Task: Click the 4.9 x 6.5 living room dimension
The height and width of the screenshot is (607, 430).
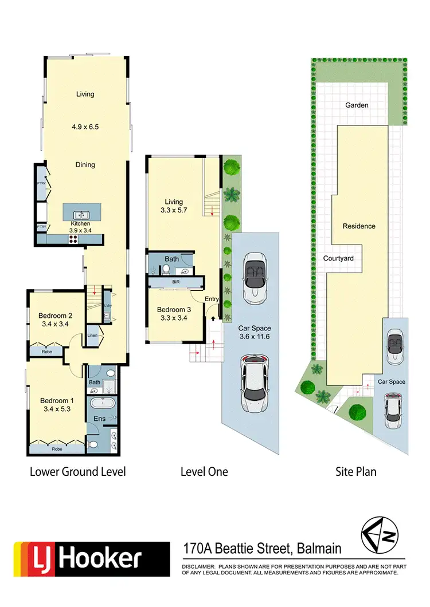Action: click(85, 127)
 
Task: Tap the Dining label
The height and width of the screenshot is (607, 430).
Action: click(85, 165)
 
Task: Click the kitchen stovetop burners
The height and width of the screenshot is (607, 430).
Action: click(73, 241)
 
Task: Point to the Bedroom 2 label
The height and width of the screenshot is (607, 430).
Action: click(54, 316)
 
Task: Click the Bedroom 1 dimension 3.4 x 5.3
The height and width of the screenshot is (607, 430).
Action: click(55, 409)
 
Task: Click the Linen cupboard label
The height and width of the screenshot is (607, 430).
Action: click(92, 336)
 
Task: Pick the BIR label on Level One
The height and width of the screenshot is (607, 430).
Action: click(175, 282)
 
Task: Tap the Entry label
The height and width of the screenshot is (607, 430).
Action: click(212, 299)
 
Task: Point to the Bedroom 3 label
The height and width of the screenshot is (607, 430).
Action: click(174, 310)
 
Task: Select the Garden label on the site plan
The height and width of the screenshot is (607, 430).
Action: click(357, 105)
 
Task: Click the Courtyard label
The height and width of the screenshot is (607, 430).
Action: click(338, 258)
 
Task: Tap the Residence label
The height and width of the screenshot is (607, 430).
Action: click(359, 226)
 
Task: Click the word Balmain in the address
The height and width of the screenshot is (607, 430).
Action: click(319, 549)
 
